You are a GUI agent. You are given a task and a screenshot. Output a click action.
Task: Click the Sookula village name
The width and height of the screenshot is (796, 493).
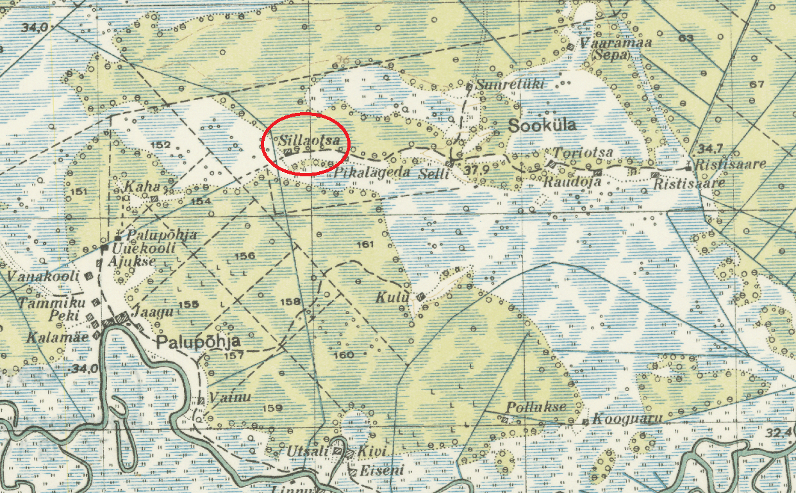tap(542, 126)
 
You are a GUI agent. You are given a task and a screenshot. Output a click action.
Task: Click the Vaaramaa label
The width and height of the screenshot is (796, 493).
tap(606, 43)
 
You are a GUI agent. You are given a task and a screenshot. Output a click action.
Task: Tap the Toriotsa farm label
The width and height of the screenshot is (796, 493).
tap(583, 153)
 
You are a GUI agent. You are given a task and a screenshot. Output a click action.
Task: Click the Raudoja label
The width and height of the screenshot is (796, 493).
tap(572, 182)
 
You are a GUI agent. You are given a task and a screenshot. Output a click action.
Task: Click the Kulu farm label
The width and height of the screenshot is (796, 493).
tap(392, 297)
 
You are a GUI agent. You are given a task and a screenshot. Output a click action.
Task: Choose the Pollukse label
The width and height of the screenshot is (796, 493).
tap(536, 407)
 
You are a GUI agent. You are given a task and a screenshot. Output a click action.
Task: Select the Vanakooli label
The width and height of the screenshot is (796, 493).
tap(42, 276)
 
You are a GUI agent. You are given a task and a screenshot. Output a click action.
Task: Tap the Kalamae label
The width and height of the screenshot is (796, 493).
tap(56, 337)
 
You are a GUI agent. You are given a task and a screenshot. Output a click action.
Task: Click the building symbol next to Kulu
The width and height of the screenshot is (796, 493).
tap(420, 297)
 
